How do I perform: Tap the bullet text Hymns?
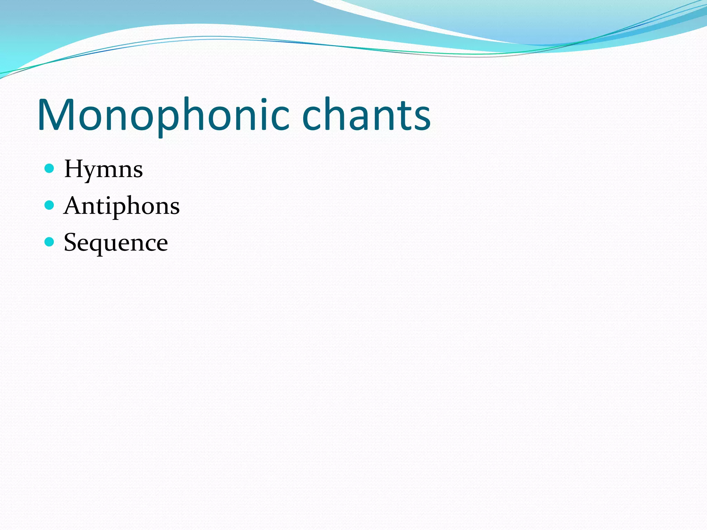click(103, 169)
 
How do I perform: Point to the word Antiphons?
click(122, 206)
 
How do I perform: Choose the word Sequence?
click(116, 243)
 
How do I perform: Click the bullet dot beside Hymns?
click(50, 168)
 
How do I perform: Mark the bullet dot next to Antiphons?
click(50, 205)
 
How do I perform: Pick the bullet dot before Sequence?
click(50, 242)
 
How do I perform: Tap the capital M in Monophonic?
click(55, 115)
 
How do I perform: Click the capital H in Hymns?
click(74, 169)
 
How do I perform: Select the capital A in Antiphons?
click(72, 206)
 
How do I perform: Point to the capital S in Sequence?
click(70, 242)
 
